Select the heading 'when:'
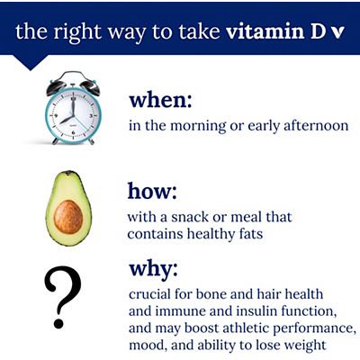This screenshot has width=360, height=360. (x=160, y=99)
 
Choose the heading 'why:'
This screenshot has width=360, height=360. (x=153, y=269)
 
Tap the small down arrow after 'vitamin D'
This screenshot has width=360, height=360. (x=338, y=34)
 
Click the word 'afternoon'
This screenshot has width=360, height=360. (x=310, y=126)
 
